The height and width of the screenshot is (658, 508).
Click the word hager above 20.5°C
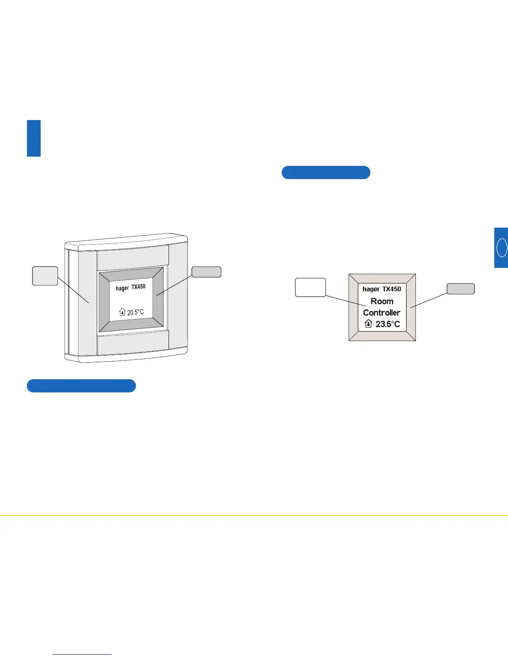click(122, 288)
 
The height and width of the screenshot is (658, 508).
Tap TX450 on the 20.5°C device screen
click(139, 287)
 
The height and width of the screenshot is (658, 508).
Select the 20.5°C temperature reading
click(136, 312)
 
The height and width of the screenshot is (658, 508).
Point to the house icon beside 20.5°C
click(122, 312)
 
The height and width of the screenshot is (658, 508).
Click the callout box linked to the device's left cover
click(45, 276)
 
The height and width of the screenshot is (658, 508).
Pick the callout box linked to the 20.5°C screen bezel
click(206, 272)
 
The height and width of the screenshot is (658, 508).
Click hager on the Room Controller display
click(371, 289)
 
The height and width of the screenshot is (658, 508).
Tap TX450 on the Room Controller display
click(392, 289)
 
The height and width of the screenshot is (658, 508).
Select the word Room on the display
click(382, 301)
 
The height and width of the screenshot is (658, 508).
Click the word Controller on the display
click(382, 312)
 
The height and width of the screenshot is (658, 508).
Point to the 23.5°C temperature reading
click(388, 324)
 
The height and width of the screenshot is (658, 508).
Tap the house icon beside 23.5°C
click(368, 324)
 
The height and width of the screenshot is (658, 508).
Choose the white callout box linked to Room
click(310, 287)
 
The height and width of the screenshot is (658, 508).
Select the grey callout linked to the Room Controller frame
click(461, 289)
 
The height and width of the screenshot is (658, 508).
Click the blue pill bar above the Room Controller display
click(326, 172)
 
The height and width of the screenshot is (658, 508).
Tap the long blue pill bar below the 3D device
click(81, 385)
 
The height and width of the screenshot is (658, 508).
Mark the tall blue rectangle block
click(34, 138)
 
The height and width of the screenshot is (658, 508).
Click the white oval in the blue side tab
click(502, 248)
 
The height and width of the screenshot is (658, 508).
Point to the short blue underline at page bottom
click(82, 654)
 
